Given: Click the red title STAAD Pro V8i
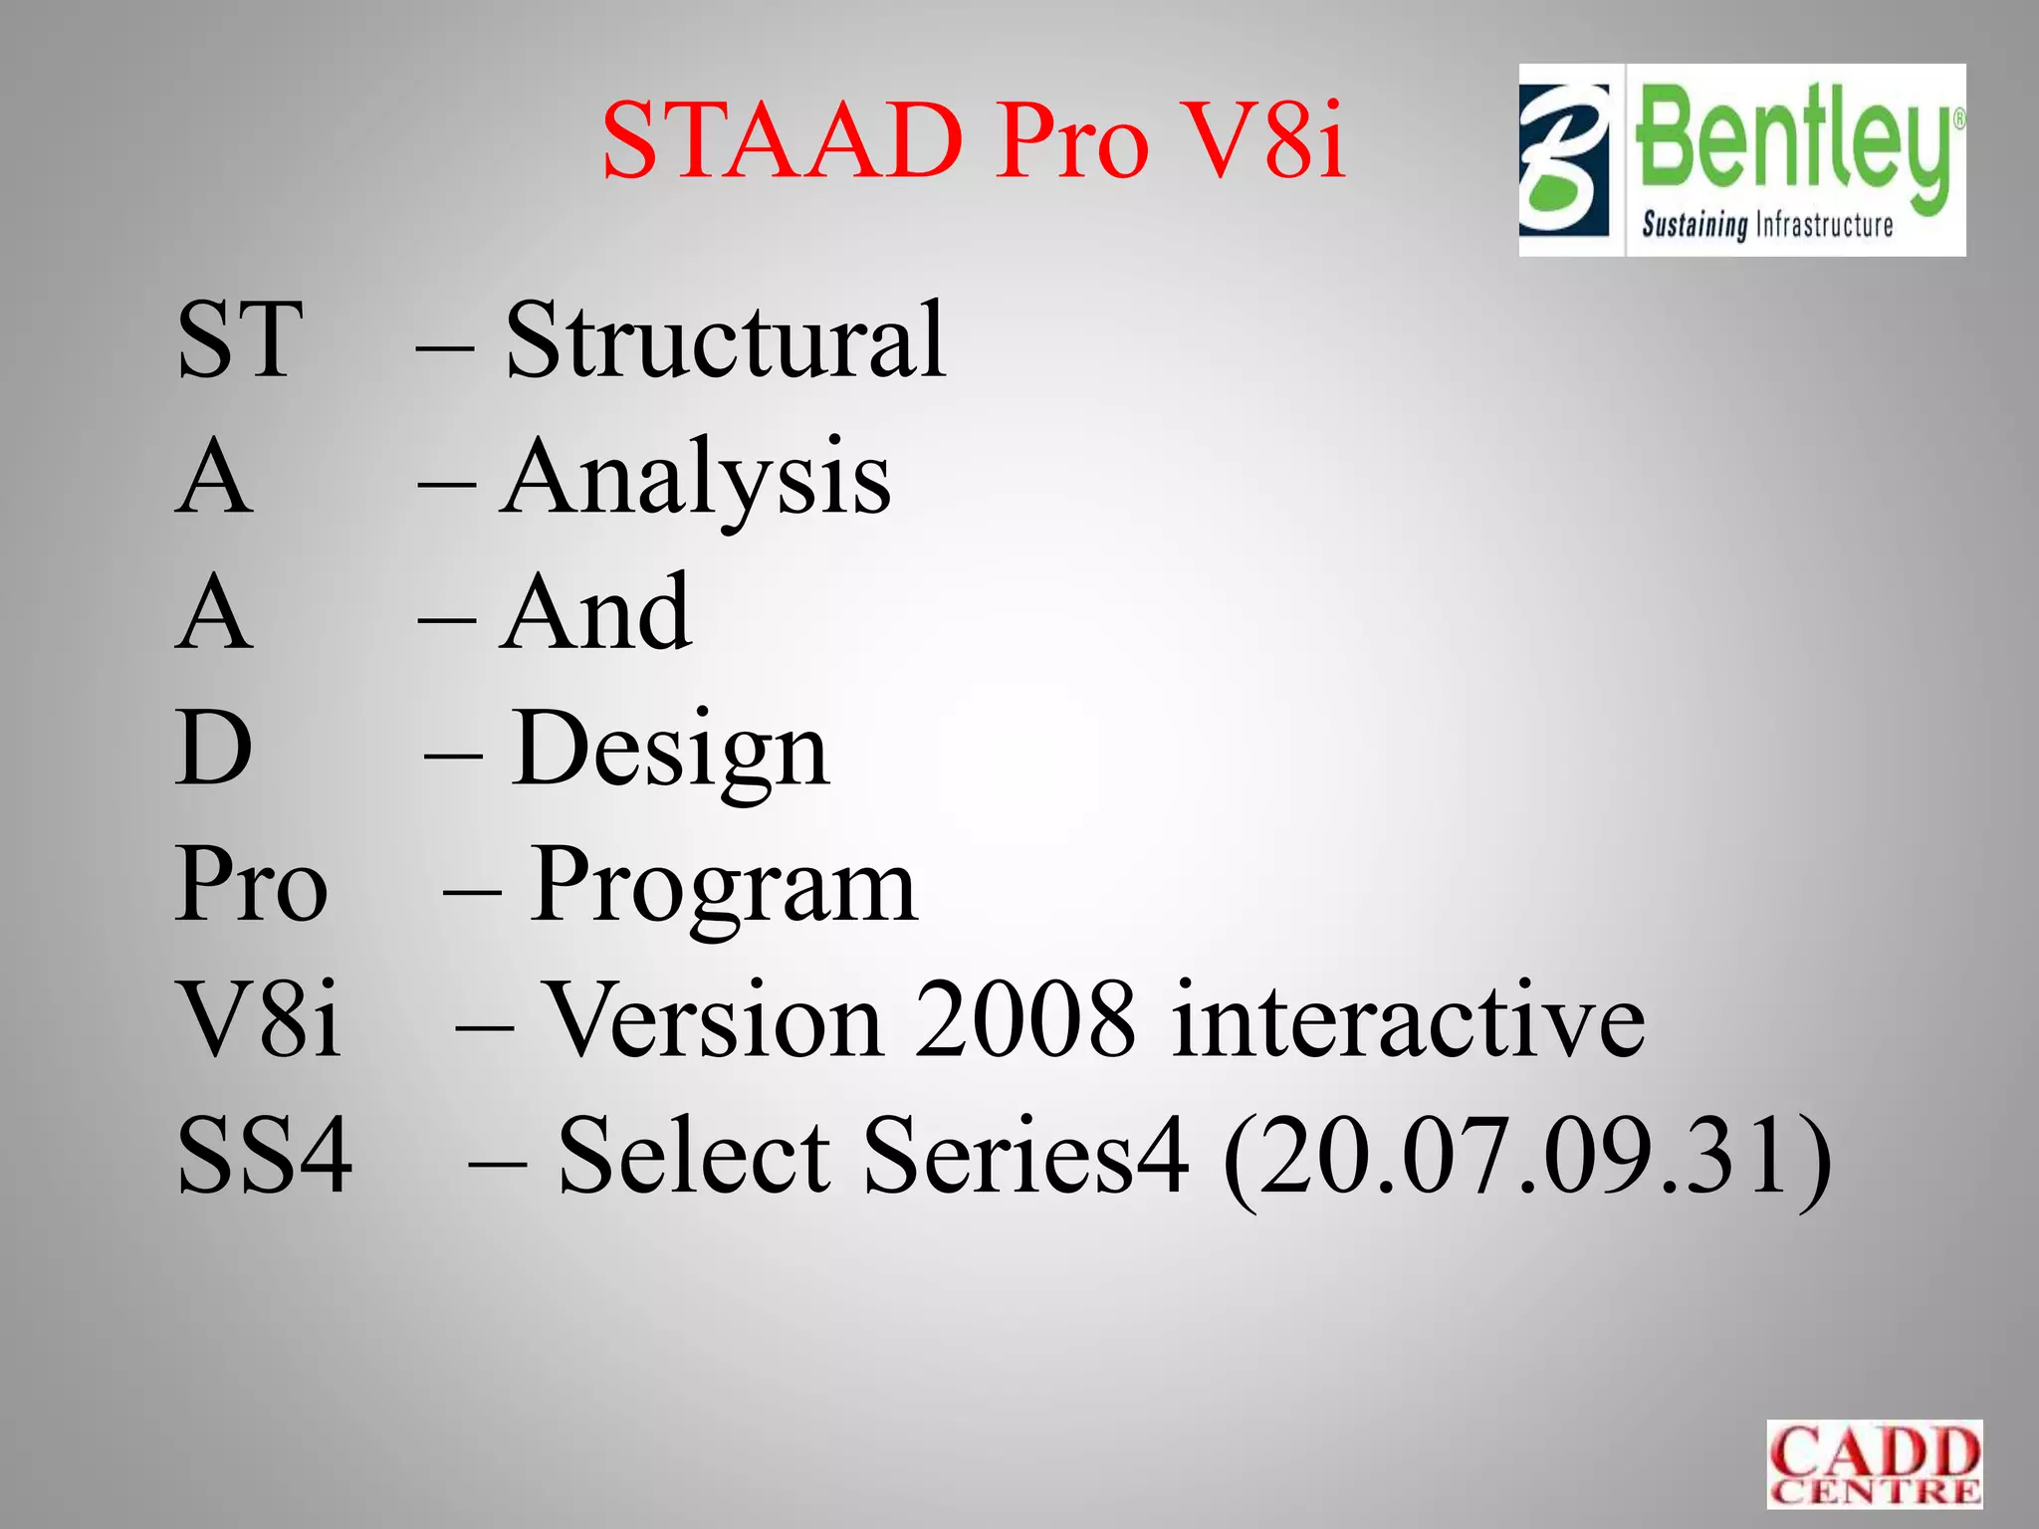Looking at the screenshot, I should click(974, 141).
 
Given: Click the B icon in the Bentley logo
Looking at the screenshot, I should click(1564, 159).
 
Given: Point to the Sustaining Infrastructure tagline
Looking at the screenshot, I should click(1767, 225).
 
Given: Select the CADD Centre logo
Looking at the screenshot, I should click(1874, 1464).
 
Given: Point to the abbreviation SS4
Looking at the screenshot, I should click(265, 1155).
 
